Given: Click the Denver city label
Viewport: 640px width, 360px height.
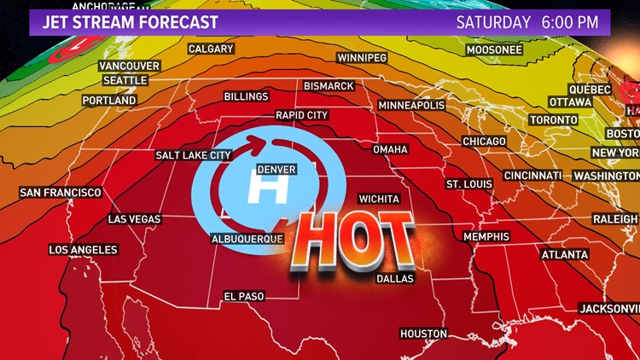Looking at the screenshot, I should pyautogui.click(x=276, y=170).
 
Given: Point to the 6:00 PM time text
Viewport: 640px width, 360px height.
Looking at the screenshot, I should pyautogui.click(x=576, y=22).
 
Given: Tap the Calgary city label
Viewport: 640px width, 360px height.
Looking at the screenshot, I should pyautogui.click(x=211, y=49).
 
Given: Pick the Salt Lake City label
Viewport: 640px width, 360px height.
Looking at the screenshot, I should pyautogui.click(x=194, y=155).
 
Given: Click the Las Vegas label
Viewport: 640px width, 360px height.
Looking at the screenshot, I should pyautogui.click(x=135, y=219).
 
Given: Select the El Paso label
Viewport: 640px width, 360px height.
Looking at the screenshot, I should pyautogui.click(x=244, y=296).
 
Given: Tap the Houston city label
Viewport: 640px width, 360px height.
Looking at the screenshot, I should pyautogui.click(x=423, y=334).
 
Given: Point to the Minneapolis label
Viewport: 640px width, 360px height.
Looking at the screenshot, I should pyautogui.click(x=411, y=105).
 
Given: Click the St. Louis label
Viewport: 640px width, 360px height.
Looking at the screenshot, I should pyautogui.click(x=470, y=184).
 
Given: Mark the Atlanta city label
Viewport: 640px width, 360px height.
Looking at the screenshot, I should pyautogui.click(x=565, y=254).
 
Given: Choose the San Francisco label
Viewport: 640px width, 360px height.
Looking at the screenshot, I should pyautogui.click(x=61, y=193).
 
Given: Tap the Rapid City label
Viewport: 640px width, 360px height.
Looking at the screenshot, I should pyautogui.click(x=301, y=114).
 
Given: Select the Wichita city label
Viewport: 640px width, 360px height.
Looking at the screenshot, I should pyautogui.click(x=379, y=198).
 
